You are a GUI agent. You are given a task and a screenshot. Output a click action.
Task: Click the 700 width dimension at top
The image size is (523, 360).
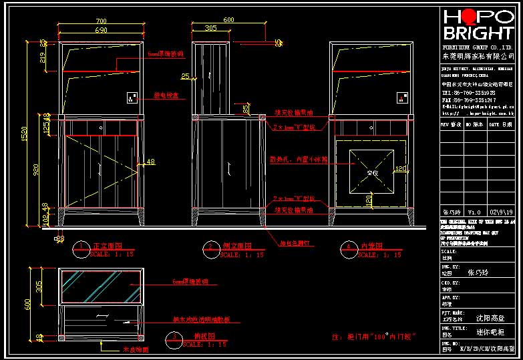pos(101,22)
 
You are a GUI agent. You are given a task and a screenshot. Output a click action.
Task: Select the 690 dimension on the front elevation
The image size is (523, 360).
pos(101,30)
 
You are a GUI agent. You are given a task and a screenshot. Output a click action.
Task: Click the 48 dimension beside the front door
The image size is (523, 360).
pos(150,162)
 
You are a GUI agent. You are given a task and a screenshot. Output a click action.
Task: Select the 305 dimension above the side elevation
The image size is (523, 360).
pos(210,29)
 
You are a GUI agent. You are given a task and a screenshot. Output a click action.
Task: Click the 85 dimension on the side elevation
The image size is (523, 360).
pos(246,108)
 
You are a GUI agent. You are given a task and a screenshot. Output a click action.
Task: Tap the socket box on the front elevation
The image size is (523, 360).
pos(131,98)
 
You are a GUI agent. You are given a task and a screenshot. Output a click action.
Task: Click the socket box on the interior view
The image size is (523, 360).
pos(401,98)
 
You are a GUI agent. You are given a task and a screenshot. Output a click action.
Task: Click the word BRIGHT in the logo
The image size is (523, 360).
pos(477,34)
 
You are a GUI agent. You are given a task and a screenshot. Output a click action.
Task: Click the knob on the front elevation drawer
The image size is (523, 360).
pos(101,126)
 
